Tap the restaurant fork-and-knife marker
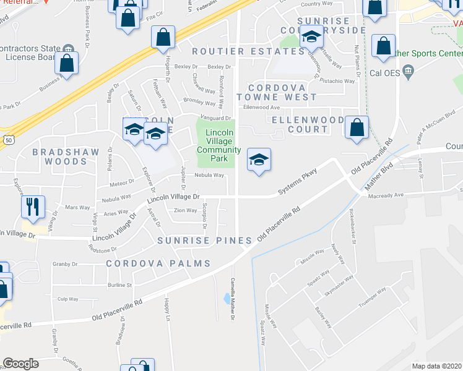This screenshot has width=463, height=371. [32, 207]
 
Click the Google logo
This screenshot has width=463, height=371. [20, 364]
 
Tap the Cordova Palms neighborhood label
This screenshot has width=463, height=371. [158, 263]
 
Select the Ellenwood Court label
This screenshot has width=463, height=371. [308, 124]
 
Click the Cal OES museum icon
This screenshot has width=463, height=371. [408, 73]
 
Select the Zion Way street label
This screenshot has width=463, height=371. [185, 210]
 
